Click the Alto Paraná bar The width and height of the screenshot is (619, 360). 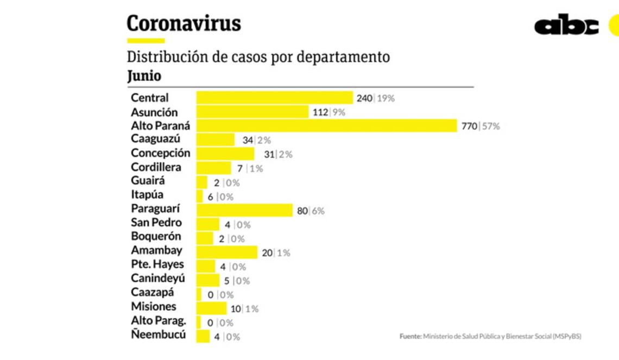[x=326, y=126]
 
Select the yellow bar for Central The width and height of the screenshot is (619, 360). [x=274, y=98]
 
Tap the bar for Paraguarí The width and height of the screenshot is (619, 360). [x=244, y=210]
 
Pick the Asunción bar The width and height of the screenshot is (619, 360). [x=252, y=112]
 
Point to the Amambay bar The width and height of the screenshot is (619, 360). [x=226, y=252]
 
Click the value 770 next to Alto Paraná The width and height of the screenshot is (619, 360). [x=469, y=127]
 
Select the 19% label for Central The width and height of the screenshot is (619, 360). [x=386, y=98]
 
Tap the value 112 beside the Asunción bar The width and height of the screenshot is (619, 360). [x=320, y=112]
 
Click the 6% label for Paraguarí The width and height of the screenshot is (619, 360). [x=318, y=211]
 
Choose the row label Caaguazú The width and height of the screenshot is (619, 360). [x=155, y=139]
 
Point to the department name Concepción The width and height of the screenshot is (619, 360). [x=160, y=153]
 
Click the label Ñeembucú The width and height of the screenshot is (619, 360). [x=158, y=334]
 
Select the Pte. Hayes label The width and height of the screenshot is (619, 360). [x=157, y=264]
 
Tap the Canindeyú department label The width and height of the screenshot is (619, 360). [x=158, y=279]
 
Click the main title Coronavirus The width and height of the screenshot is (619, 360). [x=184, y=24]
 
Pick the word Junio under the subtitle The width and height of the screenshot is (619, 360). [x=144, y=76]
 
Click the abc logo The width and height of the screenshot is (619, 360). [x=566, y=26]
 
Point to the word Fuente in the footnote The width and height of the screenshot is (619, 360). [x=410, y=337]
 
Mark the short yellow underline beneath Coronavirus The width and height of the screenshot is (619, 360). [x=146, y=41]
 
